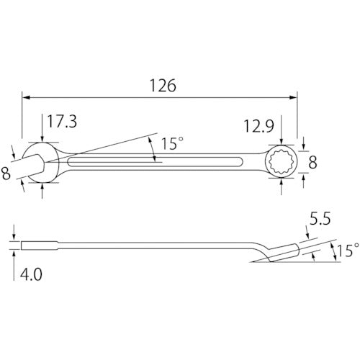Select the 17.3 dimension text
pyautogui.click(x=62, y=122)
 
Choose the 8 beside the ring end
pyautogui.click(x=312, y=163)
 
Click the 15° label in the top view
pyautogui.click(x=171, y=144)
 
